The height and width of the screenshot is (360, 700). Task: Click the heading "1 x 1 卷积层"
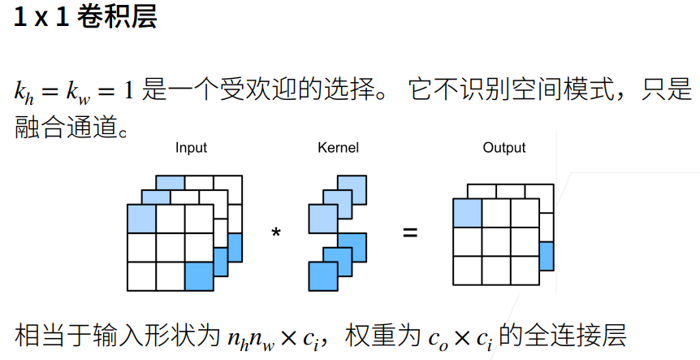[x=84, y=18]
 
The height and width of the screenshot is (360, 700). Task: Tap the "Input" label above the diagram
[x=191, y=148]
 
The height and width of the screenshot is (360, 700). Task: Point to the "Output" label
[x=503, y=148]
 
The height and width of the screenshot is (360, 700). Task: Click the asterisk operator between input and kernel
[x=276, y=233]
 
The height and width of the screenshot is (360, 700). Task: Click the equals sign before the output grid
[x=410, y=233]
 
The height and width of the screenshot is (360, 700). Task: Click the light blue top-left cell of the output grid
[x=467, y=213]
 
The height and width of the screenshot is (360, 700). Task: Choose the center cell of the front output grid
[x=495, y=241]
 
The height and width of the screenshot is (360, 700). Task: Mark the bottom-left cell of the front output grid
[x=467, y=269]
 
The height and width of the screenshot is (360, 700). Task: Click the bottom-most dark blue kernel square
[x=322, y=277]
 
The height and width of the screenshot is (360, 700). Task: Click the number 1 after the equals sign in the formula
[x=127, y=89]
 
